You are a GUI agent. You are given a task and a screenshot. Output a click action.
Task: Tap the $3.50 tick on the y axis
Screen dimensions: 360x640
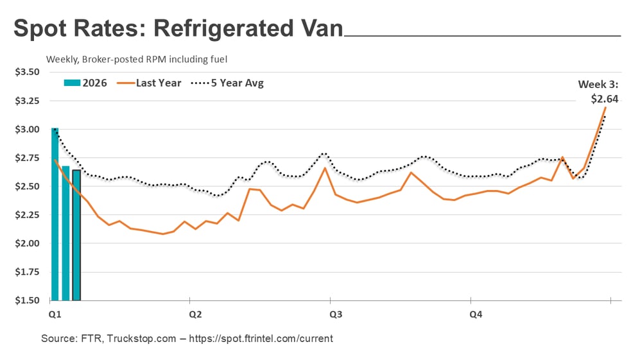tap(26, 73)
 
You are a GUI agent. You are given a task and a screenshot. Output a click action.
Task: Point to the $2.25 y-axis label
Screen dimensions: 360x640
tap(26, 215)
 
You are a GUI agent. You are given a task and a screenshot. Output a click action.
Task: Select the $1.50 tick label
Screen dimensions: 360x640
tap(26, 300)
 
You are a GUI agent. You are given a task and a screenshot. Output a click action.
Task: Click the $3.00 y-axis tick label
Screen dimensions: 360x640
tap(26, 130)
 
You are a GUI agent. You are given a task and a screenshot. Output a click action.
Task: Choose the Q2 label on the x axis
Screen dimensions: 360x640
tap(196, 314)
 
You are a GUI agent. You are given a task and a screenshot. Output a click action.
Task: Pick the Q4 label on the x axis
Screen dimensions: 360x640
tap(476, 314)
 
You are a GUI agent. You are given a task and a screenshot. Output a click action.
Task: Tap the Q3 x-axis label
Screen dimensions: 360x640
tap(336, 314)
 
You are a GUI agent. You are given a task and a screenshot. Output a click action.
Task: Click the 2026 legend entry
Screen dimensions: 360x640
tap(85, 83)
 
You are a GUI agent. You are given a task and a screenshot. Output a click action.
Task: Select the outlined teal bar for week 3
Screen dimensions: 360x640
tap(76, 235)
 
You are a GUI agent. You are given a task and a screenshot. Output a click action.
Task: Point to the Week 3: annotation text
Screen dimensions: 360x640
tap(599, 85)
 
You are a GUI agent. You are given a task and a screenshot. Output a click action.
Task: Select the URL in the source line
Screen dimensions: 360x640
tap(263, 338)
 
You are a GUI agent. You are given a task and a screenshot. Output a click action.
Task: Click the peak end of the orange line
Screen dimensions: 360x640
tap(605, 107)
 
